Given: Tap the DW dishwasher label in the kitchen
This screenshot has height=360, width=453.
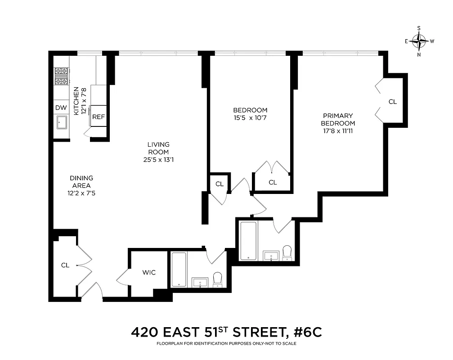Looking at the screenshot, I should (x=60, y=108).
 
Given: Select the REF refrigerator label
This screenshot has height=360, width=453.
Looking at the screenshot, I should (x=99, y=117).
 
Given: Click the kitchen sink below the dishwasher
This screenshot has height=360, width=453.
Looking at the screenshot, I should (x=61, y=123).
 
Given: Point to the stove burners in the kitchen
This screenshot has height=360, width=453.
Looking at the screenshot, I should (x=61, y=76).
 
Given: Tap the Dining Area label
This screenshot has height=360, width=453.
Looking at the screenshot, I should (x=81, y=182).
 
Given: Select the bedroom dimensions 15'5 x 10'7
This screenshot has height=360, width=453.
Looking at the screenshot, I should (x=250, y=118).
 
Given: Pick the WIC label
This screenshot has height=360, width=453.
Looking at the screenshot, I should (x=149, y=273).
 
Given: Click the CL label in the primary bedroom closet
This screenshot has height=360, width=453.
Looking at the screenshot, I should (x=393, y=102).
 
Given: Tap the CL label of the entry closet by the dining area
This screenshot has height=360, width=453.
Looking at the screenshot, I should (x=65, y=265).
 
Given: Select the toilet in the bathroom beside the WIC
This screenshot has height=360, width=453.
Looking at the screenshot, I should (x=217, y=279).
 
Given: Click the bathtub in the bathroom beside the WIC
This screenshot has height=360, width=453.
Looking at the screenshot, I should (x=179, y=269).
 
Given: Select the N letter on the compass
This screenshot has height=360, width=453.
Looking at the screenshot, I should (x=419, y=55).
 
